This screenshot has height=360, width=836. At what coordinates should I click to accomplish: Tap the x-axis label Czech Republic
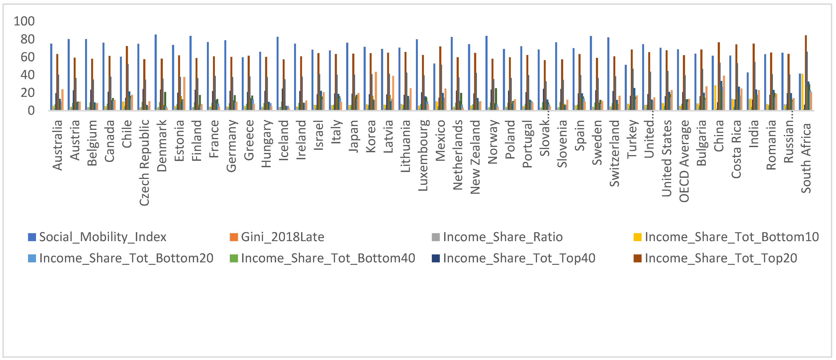tap(144, 162)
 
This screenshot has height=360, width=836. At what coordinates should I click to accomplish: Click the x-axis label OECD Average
tap(684, 161)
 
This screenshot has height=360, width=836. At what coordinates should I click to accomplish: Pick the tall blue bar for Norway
tap(486, 73)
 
